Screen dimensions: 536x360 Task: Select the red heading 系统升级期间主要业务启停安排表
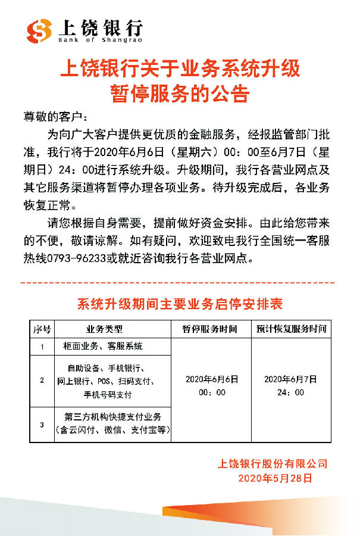point(180,304)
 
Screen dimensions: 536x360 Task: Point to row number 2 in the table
point(42,380)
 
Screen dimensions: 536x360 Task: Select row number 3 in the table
point(42,423)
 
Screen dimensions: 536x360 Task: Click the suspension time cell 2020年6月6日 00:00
point(212,385)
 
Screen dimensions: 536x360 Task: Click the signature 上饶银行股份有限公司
point(274,464)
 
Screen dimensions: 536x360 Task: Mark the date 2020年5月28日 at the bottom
point(275,478)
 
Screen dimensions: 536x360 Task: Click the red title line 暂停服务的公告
point(180,94)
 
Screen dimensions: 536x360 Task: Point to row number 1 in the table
point(42,346)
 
